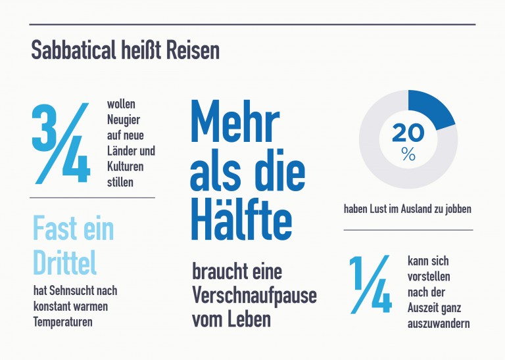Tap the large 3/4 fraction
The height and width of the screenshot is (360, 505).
[60, 143]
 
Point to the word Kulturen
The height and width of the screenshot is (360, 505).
[126, 167]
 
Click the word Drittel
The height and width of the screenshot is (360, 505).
[64, 262]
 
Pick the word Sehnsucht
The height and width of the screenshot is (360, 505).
[72, 290]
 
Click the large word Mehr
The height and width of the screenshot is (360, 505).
[235, 123]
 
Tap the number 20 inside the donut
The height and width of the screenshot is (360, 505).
[408, 133]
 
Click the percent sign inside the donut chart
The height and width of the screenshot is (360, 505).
[408, 155]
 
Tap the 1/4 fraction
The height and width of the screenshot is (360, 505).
[370, 284]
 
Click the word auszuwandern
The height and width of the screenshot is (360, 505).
[439, 324]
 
